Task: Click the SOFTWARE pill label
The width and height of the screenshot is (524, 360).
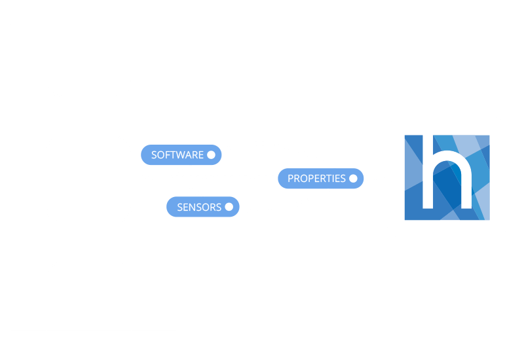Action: coord(177,155)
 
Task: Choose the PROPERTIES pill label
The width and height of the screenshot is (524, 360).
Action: coord(316,178)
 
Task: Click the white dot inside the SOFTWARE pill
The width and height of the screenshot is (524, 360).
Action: coord(211,155)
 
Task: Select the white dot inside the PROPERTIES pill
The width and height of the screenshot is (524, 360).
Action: coord(353,178)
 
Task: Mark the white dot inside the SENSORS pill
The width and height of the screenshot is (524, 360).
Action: coord(229,207)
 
